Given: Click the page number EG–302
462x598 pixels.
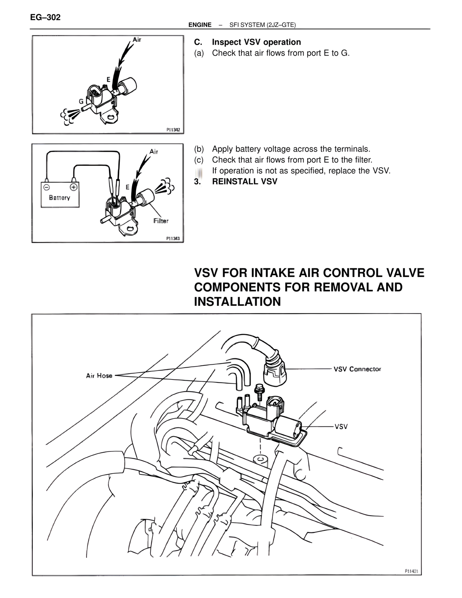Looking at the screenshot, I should click(45, 17).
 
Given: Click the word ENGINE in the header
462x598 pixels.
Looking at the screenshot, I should click(200, 25).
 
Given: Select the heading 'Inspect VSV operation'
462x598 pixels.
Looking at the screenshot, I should click(256, 42).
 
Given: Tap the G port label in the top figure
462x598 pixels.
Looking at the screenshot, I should click(81, 102).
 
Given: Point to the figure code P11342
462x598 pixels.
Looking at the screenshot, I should click(173, 129).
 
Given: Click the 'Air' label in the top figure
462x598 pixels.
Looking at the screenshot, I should click(137, 39).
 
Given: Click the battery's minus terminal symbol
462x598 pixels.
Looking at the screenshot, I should click(47, 187).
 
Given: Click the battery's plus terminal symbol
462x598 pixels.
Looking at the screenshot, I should click(73, 187).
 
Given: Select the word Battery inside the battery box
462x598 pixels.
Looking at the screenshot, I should click(60, 198).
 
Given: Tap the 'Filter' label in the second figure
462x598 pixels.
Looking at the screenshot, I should click(161, 221).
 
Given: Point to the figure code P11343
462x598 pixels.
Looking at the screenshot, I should click(173, 238).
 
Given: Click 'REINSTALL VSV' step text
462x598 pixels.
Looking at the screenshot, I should click(245, 182).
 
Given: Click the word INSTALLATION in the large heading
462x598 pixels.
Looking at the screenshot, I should click(237, 302).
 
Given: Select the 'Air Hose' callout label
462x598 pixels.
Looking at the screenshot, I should click(99, 376).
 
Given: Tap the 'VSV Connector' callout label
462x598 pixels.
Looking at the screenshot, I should click(357, 369).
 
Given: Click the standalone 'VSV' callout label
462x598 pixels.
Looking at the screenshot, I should click(341, 426).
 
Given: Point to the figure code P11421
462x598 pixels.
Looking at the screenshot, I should click(411, 571).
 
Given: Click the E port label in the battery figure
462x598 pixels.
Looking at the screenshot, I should click(127, 187).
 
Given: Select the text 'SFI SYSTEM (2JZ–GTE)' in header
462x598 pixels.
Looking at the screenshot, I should click(262, 25).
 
